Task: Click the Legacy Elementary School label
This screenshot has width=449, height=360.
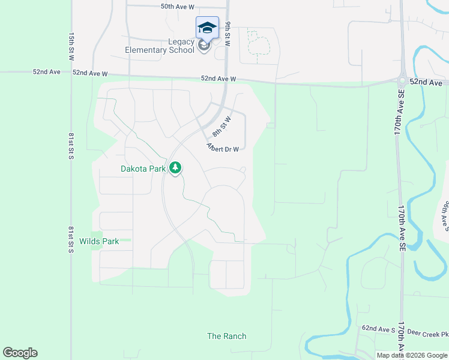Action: point(160,46)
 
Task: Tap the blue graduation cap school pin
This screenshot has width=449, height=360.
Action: point(207,28)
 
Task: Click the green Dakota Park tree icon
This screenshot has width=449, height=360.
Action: point(175,168)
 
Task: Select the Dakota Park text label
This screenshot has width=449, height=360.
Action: point(143,169)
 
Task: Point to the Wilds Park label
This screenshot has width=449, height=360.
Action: point(99,241)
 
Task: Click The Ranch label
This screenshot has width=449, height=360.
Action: point(227,336)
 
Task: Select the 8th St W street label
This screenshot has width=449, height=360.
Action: point(221,127)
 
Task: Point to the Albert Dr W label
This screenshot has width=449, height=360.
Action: point(223,148)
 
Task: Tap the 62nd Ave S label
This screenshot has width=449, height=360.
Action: point(376,329)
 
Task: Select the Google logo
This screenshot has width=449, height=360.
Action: point(20,353)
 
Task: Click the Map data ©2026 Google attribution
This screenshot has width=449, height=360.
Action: point(412,355)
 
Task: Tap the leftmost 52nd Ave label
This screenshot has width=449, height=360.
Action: point(47,71)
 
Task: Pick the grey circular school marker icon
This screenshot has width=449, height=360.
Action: point(204,46)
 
